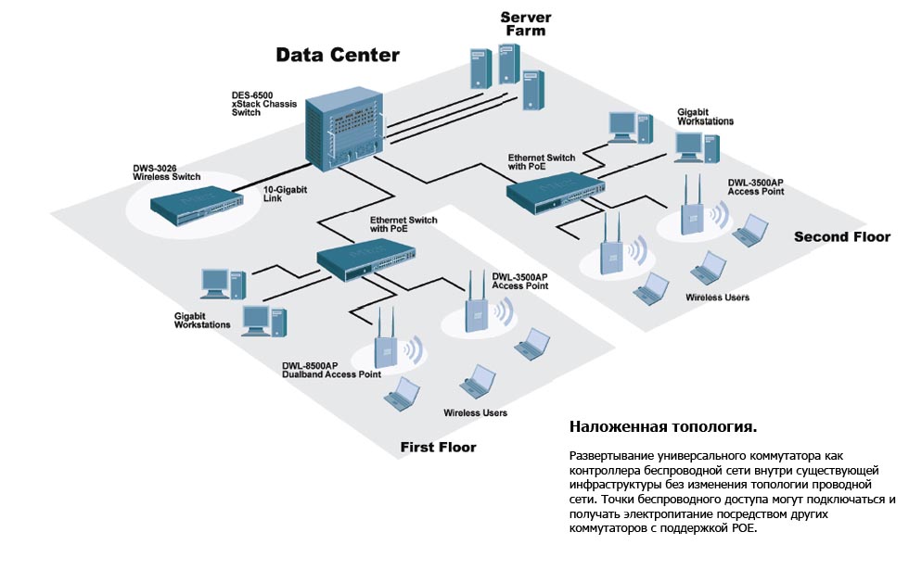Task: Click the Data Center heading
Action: (x=338, y=55)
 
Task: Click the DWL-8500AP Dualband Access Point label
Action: (x=331, y=370)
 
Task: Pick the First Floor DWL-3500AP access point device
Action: (x=476, y=306)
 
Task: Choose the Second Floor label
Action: (x=841, y=237)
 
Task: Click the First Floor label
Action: (x=438, y=448)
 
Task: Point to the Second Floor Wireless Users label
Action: (x=717, y=298)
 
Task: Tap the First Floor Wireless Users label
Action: (x=475, y=412)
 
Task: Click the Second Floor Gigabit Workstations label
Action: (x=705, y=116)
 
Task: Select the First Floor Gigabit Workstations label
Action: (x=202, y=320)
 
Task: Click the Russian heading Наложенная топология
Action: (x=662, y=427)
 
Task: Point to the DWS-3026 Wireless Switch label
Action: (x=166, y=171)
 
